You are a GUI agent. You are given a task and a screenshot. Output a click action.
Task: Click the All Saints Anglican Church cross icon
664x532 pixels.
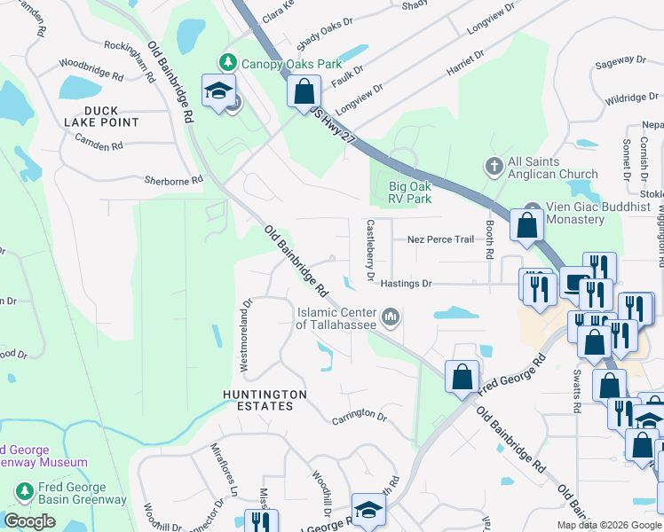click(494, 166)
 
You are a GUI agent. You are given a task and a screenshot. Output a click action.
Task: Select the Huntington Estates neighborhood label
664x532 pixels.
click(265, 400)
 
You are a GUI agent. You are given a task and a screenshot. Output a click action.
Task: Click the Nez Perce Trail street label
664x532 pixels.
click(440, 239)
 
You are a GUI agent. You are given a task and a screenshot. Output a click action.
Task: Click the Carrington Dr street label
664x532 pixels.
click(360, 417)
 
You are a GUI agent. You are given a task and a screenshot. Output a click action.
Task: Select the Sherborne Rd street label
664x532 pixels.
click(174, 180)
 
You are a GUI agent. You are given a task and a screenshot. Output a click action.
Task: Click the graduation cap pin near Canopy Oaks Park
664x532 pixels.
click(217, 90)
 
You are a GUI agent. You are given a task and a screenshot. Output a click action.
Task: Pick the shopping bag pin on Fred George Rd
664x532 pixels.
click(462, 376)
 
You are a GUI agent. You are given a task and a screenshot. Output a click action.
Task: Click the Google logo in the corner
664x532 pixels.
click(29, 521)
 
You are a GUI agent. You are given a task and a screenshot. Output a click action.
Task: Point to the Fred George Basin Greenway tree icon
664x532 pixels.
click(24, 489)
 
